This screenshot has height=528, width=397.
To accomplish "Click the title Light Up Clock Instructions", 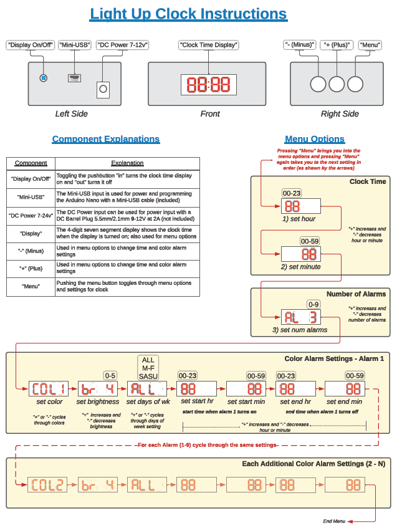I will (188, 14).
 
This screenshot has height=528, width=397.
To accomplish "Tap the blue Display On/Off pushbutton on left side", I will (43, 78).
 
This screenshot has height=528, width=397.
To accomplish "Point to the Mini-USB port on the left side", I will (74, 78).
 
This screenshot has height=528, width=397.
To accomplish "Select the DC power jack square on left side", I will (103, 90).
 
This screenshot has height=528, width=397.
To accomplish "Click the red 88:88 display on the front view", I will (209, 84).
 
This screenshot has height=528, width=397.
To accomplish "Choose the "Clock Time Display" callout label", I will (208, 45).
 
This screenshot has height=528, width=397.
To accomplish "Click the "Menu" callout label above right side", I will (370, 45).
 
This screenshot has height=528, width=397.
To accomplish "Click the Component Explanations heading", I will (105, 139).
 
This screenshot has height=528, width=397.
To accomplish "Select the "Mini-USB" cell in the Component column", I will (31, 197).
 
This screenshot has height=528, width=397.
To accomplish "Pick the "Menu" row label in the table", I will (31, 286).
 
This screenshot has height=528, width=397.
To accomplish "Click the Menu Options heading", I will (314, 139).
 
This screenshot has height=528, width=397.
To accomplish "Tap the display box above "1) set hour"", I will (300, 206).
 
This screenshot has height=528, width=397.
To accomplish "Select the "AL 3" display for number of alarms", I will (300, 317).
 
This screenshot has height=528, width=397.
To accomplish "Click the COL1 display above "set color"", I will (49, 389).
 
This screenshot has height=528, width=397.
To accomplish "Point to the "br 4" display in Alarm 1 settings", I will (97, 389).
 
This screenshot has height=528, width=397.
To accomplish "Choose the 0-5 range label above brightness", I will (110, 376).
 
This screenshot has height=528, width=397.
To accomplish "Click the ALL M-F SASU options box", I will (148, 368).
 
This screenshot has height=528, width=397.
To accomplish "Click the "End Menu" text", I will (334, 521).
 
